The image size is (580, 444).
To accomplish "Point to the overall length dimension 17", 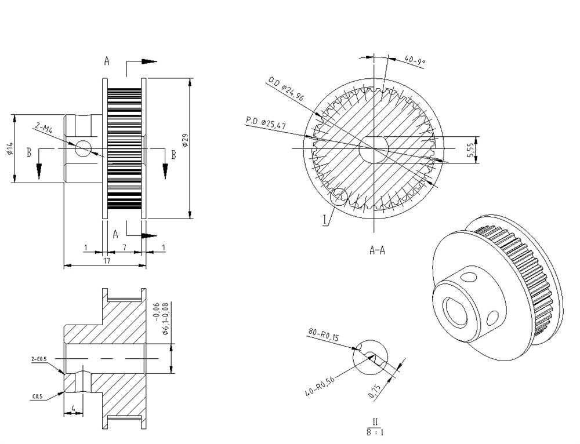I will (x=107, y=261).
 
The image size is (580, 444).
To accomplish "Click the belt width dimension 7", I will (x=124, y=248).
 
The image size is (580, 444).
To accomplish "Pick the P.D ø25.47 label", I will (x=266, y=123).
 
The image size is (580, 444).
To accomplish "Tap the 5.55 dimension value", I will (x=470, y=150).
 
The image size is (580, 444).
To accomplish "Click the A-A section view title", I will (x=378, y=250).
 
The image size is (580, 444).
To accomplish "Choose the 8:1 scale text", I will (x=375, y=432).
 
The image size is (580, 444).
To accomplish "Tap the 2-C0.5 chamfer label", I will (x=39, y=359).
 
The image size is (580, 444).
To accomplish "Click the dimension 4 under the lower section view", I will (x=73, y=409).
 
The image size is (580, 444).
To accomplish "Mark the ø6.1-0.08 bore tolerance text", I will (x=165, y=319).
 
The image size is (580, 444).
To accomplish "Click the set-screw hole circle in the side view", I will (x=83, y=148).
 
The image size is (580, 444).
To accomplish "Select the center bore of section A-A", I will (x=374, y=149).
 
